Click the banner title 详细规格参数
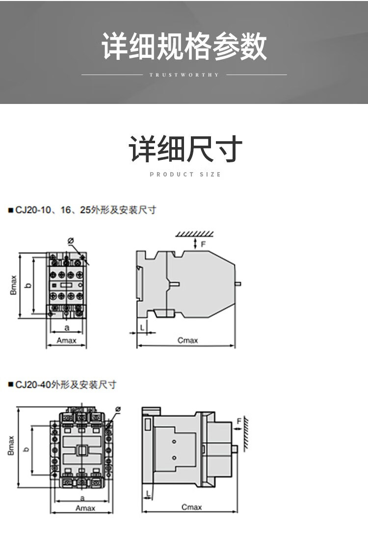coord(184,47)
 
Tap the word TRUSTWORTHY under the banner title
coord(184,75)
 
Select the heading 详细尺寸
coord(185,150)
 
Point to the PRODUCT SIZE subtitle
coord(185,175)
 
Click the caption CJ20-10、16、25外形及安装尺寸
coord(82,210)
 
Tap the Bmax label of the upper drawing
coord(13,285)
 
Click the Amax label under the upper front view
coord(67,341)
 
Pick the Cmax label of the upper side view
coord(187,340)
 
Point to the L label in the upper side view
coord(142,326)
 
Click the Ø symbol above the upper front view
coord(70,241)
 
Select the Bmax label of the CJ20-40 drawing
coord(11,446)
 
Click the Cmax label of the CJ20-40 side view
coord(191,507)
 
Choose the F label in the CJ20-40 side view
coord(239,421)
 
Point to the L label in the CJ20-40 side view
coord(146,493)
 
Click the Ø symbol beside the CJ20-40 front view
coord(118,409)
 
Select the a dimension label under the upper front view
coord(67,327)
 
